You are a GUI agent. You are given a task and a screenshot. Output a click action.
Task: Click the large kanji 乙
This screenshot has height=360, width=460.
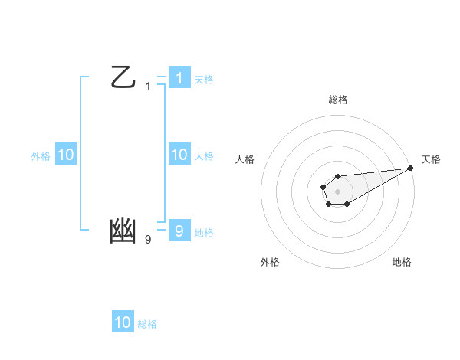click(x=123, y=77)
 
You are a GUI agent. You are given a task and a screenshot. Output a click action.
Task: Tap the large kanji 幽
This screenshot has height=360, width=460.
click(x=123, y=231)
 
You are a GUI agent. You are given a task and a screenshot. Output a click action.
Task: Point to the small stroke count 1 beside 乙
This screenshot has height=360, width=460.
click(x=148, y=87)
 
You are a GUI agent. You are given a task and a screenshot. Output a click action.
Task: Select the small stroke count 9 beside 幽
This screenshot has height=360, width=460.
click(x=148, y=240)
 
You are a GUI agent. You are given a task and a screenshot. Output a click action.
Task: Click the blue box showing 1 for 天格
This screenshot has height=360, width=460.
click(x=179, y=77)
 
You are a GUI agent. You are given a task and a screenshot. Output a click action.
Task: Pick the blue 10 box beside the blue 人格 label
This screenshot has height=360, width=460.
click(x=179, y=155)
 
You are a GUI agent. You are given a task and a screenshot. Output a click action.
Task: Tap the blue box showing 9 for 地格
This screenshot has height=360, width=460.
click(x=179, y=231)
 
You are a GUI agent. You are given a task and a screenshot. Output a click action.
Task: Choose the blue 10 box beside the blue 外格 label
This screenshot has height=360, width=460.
click(x=65, y=155)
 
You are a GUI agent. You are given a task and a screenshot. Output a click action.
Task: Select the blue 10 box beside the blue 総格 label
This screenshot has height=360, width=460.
click(x=123, y=322)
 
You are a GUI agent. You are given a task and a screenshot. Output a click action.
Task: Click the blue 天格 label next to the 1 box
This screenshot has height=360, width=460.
click(x=204, y=79)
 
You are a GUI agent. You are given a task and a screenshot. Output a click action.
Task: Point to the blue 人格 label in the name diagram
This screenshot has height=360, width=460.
click(x=204, y=156)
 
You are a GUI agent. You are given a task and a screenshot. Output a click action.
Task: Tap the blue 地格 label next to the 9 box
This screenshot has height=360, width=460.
click(x=204, y=233)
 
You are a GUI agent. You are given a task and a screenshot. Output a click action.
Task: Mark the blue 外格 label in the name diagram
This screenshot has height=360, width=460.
click(x=41, y=156)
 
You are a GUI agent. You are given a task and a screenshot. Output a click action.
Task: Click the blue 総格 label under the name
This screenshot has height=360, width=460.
click(x=147, y=324)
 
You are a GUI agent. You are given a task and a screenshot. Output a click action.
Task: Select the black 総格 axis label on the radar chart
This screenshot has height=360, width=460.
click(x=337, y=100)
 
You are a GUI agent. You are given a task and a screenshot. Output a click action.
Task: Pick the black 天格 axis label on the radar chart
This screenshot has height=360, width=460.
click(x=431, y=159)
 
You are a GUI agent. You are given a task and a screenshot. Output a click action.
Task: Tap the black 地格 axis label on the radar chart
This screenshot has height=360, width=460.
click(x=402, y=262)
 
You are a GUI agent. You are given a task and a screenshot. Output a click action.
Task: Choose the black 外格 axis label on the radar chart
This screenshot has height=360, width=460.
click(x=270, y=262)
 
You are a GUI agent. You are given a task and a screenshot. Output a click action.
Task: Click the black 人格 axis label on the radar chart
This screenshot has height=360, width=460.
click(x=245, y=159)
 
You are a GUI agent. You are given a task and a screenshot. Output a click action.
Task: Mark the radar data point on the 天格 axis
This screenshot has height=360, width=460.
click(x=410, y=168)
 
